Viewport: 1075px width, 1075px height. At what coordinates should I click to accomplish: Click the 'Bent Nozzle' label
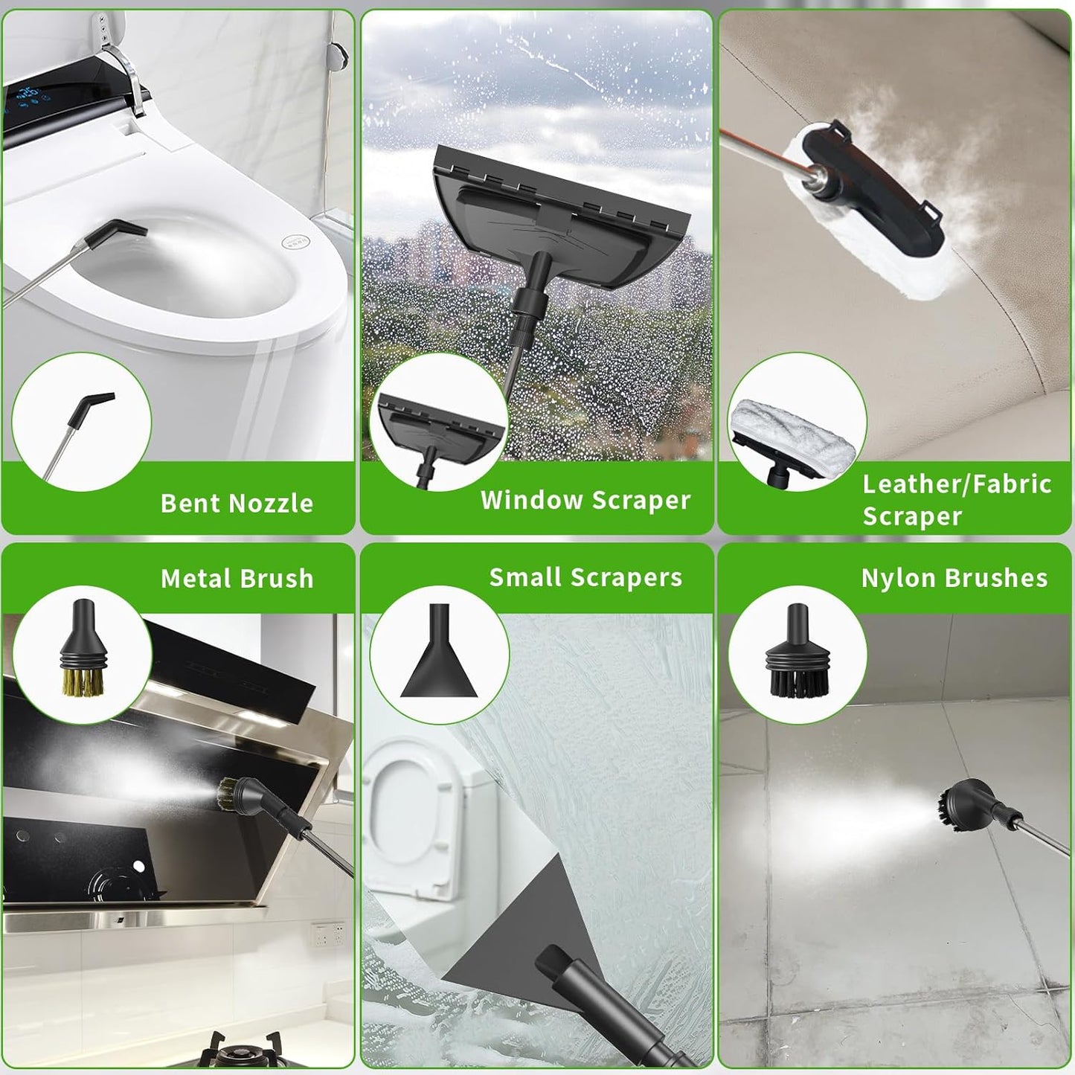(x=237, y=503)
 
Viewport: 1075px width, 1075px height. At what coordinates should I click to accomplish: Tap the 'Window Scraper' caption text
(x=585, y=500)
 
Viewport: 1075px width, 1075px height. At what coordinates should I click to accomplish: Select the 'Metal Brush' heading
(x=237, y=579)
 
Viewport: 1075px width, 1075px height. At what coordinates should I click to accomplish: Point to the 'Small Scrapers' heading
(x=585, y=578)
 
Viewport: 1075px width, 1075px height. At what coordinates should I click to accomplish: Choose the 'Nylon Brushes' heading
(x=954, y=579)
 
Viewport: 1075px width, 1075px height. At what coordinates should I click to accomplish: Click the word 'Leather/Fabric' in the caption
(x=957, y=484)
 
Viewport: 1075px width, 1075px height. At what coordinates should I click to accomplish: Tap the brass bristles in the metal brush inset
(x=83, y=681)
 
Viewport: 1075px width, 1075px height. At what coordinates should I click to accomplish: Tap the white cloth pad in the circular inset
(x=793, y=431)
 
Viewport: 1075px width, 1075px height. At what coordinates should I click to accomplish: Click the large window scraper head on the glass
(x=561, y=218)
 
